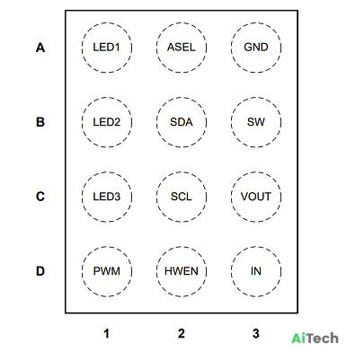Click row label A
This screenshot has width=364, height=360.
tap(40, 48)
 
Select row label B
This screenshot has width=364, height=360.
tap(40, 122)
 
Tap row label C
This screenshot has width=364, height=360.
tap(40, 197)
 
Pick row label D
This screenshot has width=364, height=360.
tap(40, 271)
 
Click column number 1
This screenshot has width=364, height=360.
tap(106, 333)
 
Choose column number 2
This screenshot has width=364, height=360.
tap(182, 333)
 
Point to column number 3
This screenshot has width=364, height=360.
tap(256, 333)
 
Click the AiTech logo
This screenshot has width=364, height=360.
tap(315, 338)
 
